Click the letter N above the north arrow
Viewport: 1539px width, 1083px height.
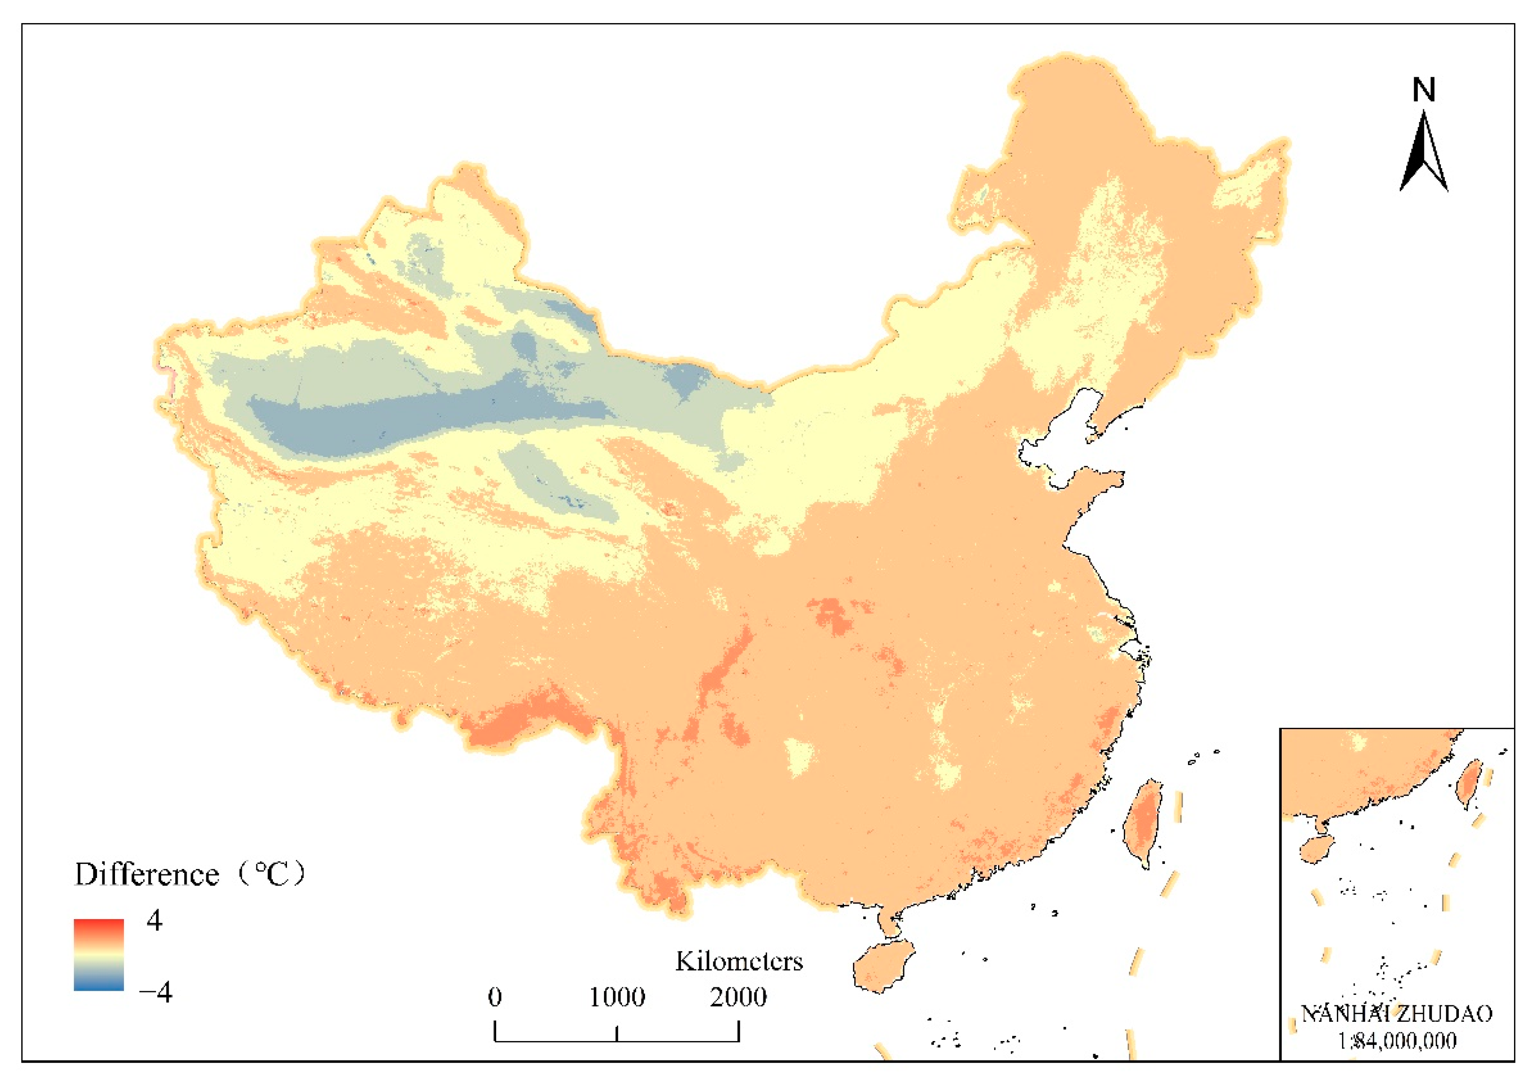click(1424, 90)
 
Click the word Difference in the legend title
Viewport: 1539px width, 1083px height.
click(147, 875)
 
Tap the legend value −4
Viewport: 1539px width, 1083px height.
click(156, 991)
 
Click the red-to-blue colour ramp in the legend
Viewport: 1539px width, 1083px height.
click(98, 954)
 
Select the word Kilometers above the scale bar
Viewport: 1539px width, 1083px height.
click(739, 962)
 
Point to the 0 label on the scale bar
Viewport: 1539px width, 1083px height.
click(495, 997)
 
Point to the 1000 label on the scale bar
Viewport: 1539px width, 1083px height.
click(617, 997)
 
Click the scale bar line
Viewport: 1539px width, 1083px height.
click(617, 1041)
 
